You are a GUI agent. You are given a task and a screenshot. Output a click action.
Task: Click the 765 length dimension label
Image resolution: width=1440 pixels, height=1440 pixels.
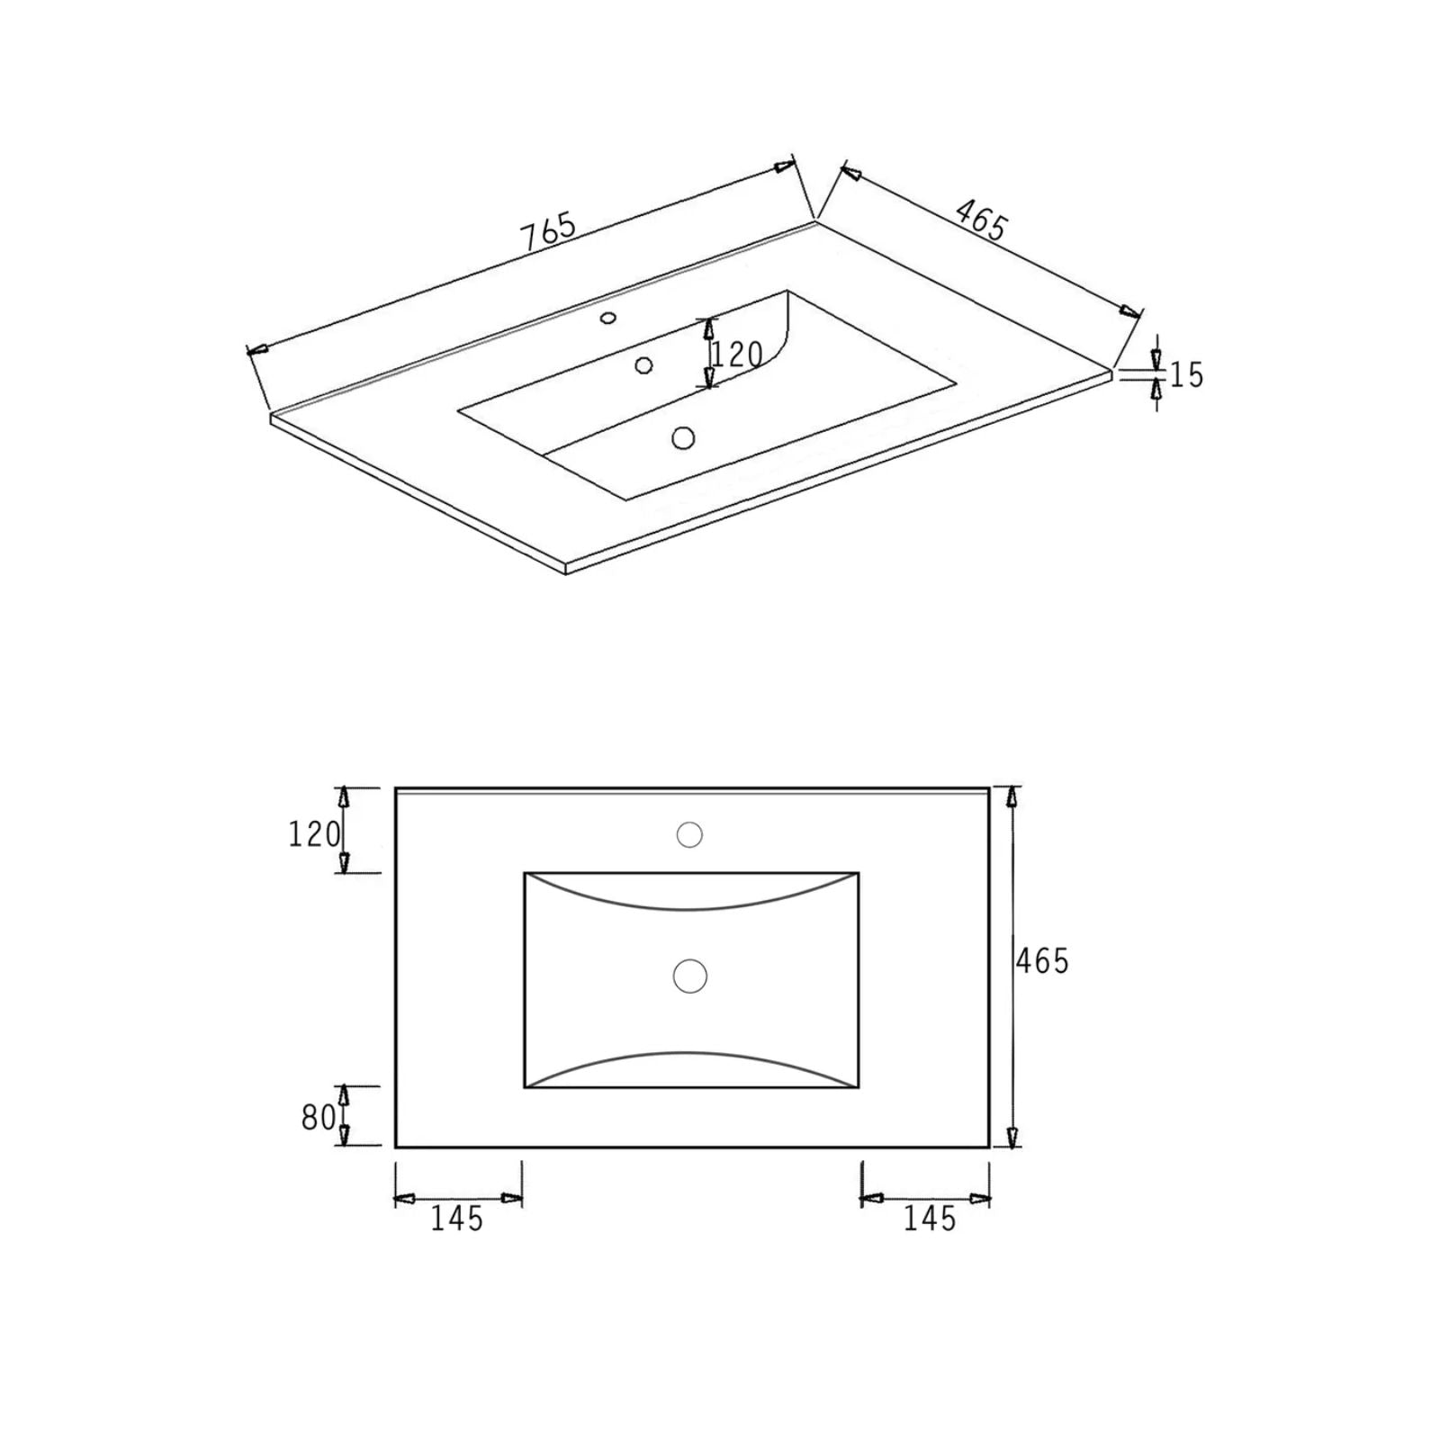[548, 230]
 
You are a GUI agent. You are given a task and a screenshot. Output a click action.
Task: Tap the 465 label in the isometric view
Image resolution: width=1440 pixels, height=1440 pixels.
[981, 220]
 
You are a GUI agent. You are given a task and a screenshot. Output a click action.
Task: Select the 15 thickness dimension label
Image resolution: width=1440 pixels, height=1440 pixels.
[1186, 374]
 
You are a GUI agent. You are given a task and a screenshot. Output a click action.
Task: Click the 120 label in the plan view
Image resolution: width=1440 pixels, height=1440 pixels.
[314, 834]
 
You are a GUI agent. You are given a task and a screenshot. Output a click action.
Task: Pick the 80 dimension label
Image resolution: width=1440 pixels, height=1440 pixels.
[319, 1118]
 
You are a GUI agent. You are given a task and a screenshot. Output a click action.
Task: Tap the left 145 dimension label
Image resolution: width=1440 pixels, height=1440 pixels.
[457, 1219]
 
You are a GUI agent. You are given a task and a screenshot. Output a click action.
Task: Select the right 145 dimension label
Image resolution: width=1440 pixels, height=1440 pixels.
[930, 1219]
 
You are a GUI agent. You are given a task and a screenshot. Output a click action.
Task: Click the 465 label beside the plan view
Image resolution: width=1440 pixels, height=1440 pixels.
[1042, 961]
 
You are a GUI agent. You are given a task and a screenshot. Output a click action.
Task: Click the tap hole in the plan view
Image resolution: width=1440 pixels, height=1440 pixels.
[689, 834]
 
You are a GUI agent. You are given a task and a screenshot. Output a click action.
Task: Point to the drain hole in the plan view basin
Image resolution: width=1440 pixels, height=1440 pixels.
[690, 976]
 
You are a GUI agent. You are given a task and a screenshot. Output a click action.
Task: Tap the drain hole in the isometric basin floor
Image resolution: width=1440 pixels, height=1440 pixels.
[683, 438]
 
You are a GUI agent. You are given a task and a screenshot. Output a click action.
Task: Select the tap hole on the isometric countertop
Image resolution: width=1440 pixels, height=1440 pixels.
[608, 317]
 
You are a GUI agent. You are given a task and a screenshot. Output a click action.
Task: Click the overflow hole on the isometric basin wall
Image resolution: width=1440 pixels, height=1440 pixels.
[643, 364]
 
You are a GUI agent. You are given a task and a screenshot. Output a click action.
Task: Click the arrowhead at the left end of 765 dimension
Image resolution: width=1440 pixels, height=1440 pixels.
[257, 349]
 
